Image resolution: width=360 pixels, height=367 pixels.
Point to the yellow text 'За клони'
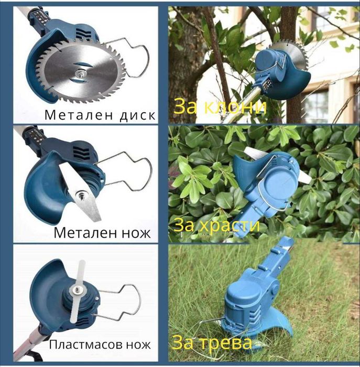click(220, 107)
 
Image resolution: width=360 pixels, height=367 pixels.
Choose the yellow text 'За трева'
click(212, 343)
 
